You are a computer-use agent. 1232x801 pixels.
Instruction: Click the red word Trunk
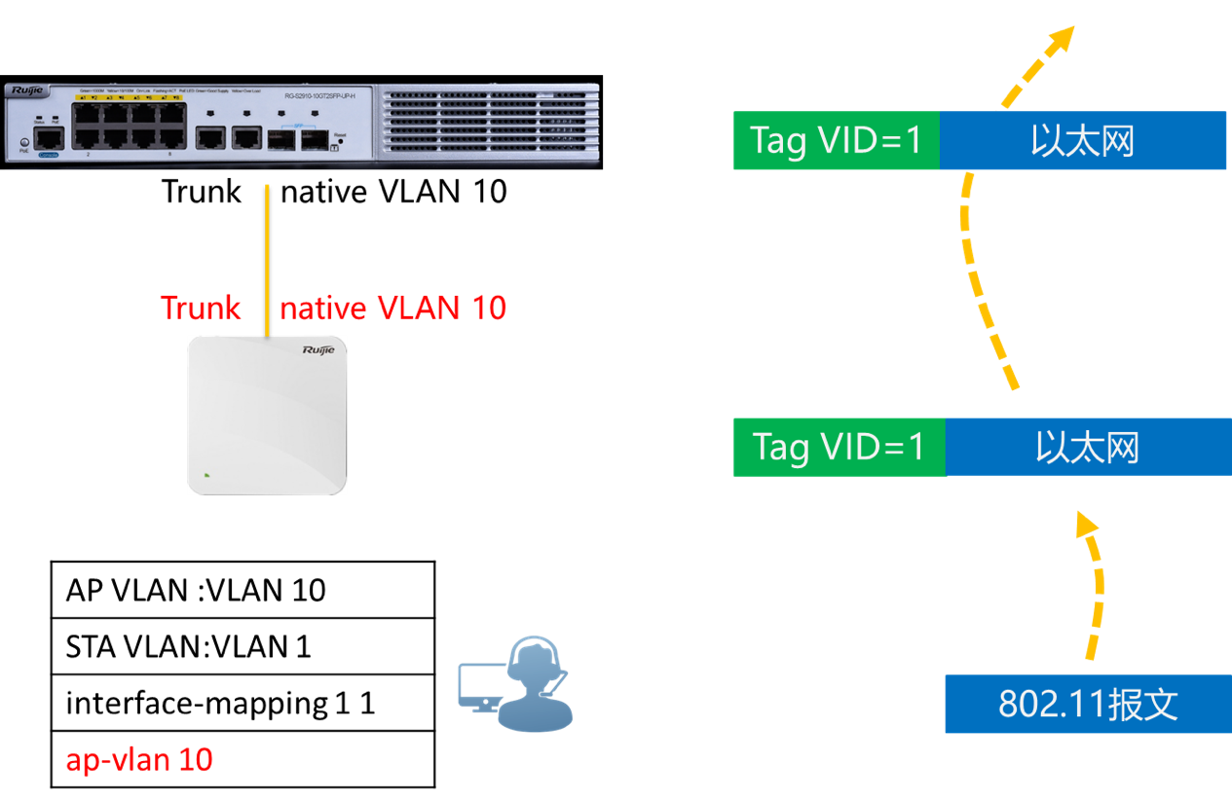(201, 309)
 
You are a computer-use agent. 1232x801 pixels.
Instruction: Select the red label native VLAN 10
(392, 309)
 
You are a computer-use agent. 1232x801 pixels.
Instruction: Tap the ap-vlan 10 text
(139, 760)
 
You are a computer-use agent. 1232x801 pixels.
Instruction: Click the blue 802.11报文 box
(1088, 704)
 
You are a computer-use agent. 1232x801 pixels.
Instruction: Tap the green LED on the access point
(206, 476)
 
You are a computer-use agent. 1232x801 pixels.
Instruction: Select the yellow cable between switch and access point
(267, 253)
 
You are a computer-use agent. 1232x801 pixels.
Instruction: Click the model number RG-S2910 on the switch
(312, 94)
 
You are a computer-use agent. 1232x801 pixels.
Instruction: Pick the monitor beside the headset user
(480, 685)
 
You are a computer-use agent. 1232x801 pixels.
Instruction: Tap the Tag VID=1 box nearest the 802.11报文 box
(839, 447)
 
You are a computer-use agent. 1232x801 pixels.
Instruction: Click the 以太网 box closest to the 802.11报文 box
(1088, 447)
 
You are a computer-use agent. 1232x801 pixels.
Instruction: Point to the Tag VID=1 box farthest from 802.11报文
(836, 141)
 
